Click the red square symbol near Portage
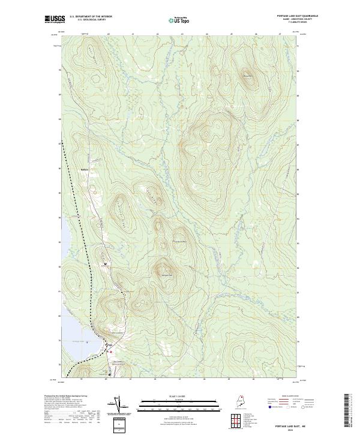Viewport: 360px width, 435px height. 110,352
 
